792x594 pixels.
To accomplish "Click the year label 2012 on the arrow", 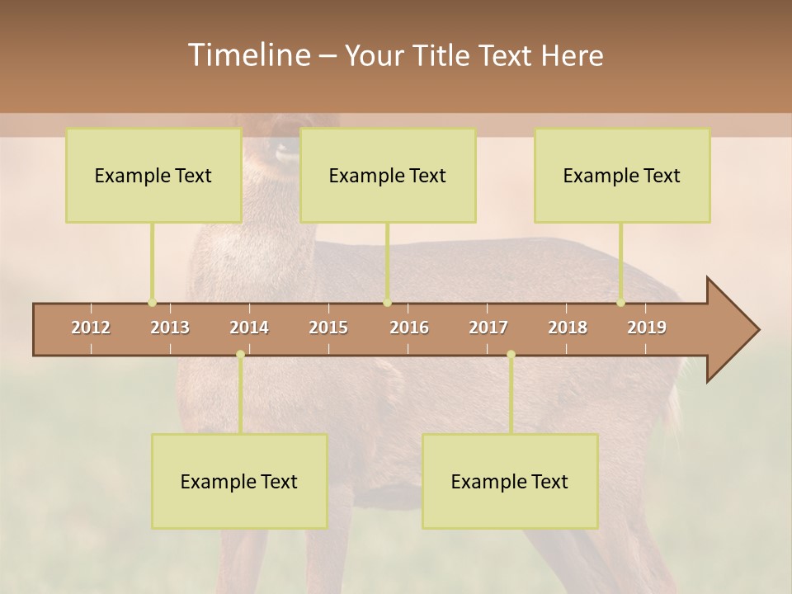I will [91, 328].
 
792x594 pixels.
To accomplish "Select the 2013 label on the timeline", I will [170, 328].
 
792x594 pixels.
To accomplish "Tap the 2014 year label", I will [249, 328].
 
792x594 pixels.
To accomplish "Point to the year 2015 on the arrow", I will [328, 328].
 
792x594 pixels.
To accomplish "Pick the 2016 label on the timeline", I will [409, 328].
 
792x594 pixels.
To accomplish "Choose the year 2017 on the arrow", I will [488, 328].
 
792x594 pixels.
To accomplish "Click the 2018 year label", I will [568, 328].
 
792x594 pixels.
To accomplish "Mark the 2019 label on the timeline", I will [647, 328].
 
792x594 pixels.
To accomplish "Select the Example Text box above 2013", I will [153, 175].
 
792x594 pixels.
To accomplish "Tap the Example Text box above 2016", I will [388, 175].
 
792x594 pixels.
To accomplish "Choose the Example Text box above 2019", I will [622, 175].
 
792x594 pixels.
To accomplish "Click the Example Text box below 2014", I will [239, 481].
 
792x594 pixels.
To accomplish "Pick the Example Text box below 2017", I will [510, 481].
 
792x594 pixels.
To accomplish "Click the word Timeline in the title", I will [247, 55].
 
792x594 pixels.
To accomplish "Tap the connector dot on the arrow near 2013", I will [153, 302].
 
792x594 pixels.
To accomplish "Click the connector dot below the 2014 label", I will [240, 354].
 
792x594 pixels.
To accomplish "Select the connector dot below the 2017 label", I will [511, 354].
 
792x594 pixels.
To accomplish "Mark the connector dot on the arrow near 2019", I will [621, 302].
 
